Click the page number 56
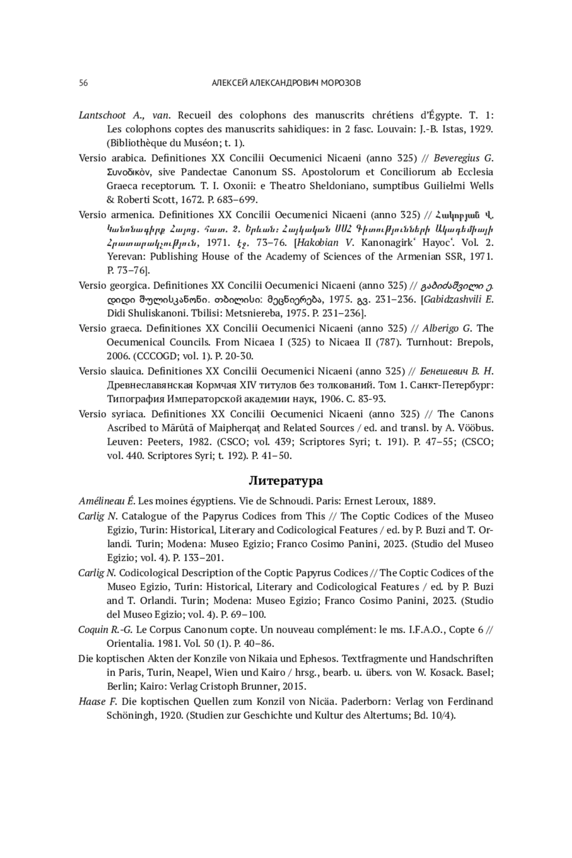[x=83, y=83]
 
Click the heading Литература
[x=286, y=481]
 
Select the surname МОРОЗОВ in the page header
[x=342, y=83]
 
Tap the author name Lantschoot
[x=102, y=115]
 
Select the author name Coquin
[x=93, y=630]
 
